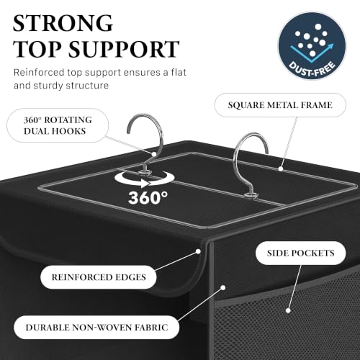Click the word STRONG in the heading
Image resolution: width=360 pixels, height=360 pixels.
(63, 23)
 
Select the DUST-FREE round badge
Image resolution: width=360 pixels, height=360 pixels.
(312, 45)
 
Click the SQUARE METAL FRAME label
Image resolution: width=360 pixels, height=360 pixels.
(280, 105)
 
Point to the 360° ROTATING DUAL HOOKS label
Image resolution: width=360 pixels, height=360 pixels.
(58, 125)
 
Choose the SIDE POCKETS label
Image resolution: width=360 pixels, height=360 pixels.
(300, 253)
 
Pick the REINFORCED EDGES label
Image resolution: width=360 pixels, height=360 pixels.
(99, 277)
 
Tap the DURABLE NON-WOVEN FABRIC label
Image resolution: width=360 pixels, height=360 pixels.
(96, 328)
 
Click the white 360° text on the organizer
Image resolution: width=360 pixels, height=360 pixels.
(148, 198)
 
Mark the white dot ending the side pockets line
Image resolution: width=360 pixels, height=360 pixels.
(288, 310)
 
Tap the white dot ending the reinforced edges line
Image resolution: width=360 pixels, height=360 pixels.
(198, 251)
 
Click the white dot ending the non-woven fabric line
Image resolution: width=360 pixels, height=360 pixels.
(223, 287)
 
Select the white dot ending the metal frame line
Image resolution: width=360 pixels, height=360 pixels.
(280, 169)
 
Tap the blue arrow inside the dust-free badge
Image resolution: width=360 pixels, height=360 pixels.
(312, 53)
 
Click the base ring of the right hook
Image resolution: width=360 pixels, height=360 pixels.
(252, 195)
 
